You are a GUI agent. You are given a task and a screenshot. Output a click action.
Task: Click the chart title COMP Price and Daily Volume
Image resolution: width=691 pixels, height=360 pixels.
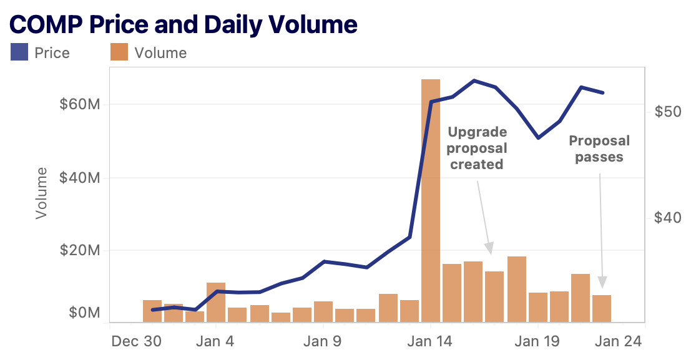coord(184,24)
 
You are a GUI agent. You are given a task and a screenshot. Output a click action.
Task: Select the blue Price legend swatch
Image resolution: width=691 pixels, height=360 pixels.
coord(19,52)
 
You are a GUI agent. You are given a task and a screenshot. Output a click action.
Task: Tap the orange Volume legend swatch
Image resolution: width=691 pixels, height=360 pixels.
coord(119,52)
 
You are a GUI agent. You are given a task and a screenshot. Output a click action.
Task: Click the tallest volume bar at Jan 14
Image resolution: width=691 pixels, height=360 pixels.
coord(431,200)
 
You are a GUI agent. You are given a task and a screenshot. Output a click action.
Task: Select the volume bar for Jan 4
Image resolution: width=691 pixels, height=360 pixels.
coord(216,303)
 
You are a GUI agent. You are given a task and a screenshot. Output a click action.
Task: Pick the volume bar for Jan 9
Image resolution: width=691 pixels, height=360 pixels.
coord(323,312)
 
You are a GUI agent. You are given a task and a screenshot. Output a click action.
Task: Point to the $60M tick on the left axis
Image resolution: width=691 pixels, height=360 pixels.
coord(80,104)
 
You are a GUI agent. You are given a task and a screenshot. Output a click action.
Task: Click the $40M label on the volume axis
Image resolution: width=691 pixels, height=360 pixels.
coord(80,178)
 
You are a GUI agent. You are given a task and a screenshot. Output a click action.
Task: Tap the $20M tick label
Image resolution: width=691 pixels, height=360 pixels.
coord(80,251)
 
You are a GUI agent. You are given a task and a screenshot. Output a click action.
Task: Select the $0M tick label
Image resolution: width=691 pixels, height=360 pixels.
coord(83,312)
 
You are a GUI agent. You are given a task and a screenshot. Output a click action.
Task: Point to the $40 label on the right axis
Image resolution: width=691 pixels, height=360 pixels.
coord(667,218)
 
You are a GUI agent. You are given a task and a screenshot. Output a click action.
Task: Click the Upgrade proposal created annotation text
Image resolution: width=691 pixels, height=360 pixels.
coord(478,148)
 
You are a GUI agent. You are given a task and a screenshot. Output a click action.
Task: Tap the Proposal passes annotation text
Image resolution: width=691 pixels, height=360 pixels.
coord(599,148)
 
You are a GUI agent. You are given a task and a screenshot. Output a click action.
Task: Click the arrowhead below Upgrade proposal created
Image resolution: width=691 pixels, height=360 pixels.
coord(490,248)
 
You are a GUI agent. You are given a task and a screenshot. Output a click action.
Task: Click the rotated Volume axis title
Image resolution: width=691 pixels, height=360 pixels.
coord(42,193)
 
